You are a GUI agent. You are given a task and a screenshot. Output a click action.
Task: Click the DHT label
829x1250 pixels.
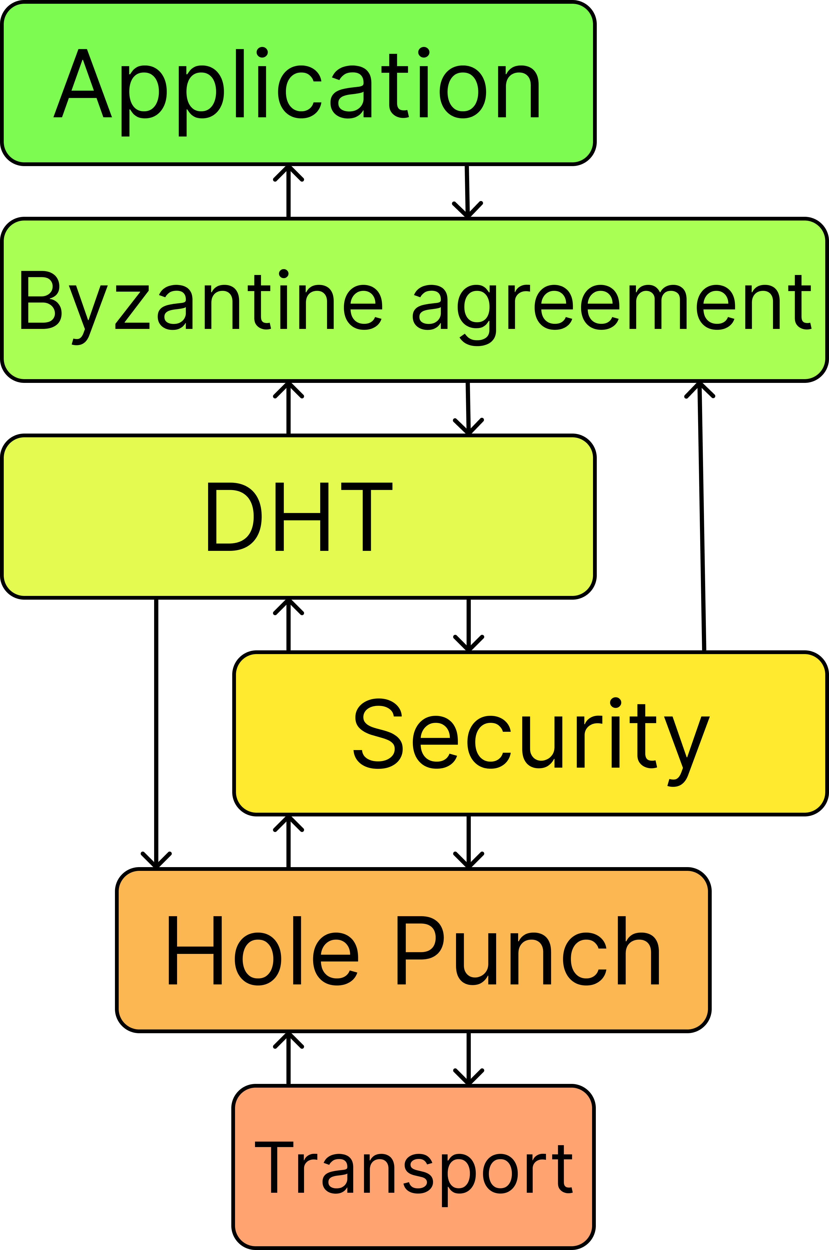[x=300, y=517]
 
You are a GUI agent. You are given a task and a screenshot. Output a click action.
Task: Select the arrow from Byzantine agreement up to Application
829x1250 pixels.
[x=289, y=191]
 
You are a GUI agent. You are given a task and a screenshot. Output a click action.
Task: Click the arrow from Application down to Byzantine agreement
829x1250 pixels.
[x=467, y=191]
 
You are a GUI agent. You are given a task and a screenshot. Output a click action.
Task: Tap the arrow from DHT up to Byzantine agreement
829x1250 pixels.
[x=289, y=408]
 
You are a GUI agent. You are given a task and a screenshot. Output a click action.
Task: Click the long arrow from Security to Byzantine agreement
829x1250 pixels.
[x=702, y=517]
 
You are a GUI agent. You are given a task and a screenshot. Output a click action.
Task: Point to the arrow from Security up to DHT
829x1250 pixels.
[x=289, y=625]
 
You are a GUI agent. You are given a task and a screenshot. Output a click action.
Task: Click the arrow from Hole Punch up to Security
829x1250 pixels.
[x=289, y=842]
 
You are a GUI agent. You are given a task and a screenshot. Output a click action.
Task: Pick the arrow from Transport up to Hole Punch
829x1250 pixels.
[x=289, y=1059]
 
